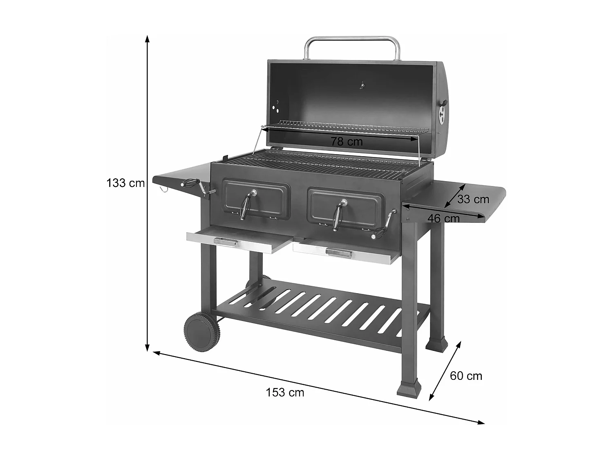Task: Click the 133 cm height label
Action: coord(125,183)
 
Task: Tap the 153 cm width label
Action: coord(285,393)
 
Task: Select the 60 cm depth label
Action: coord(466,376)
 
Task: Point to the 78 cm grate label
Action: coord(347,142)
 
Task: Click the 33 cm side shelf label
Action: coord(473,199)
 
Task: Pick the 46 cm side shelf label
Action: coord(443,218)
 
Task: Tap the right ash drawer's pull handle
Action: coord(339,254)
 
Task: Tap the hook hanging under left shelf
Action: coord(164,189)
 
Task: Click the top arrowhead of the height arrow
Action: coord(147,38)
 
